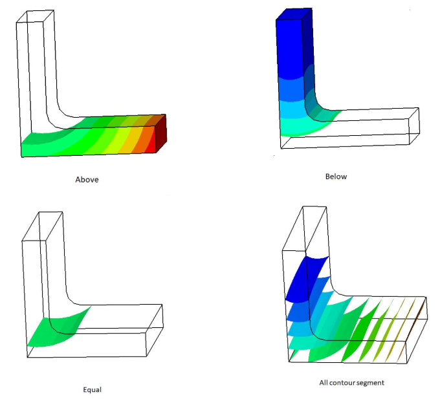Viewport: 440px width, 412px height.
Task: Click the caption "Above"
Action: (x=87, y=180)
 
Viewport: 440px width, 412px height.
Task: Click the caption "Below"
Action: (x=336, y=177)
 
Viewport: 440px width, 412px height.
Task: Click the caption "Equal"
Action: (x=92, y=389)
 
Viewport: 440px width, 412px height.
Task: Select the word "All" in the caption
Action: (x=324, y=382)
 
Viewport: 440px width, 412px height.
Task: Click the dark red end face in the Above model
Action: (x=161, y=133)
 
